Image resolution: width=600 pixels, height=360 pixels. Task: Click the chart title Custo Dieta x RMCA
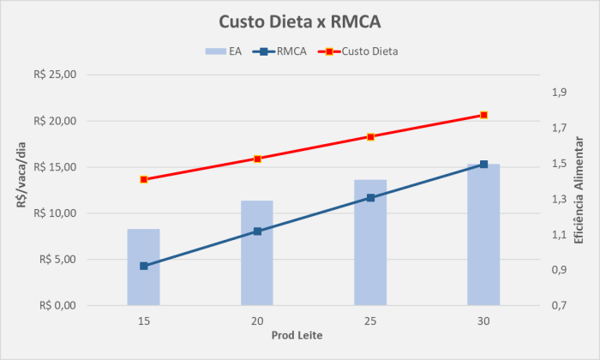pos(299,21)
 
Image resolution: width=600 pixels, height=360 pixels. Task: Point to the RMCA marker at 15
pos(144,266)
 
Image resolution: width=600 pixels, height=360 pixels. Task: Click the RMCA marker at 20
pos(257,231)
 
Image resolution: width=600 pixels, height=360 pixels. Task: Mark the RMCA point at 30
pos(483,165)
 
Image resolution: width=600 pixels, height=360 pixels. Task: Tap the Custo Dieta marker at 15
pos(144,179)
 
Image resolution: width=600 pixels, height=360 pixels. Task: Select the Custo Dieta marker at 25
pos(370,136)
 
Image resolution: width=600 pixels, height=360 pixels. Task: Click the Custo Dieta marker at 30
pos(483,115)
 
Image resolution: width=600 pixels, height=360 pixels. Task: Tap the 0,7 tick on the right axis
pos(559,305)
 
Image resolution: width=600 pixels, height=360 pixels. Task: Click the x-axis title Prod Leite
pos(297,334)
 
